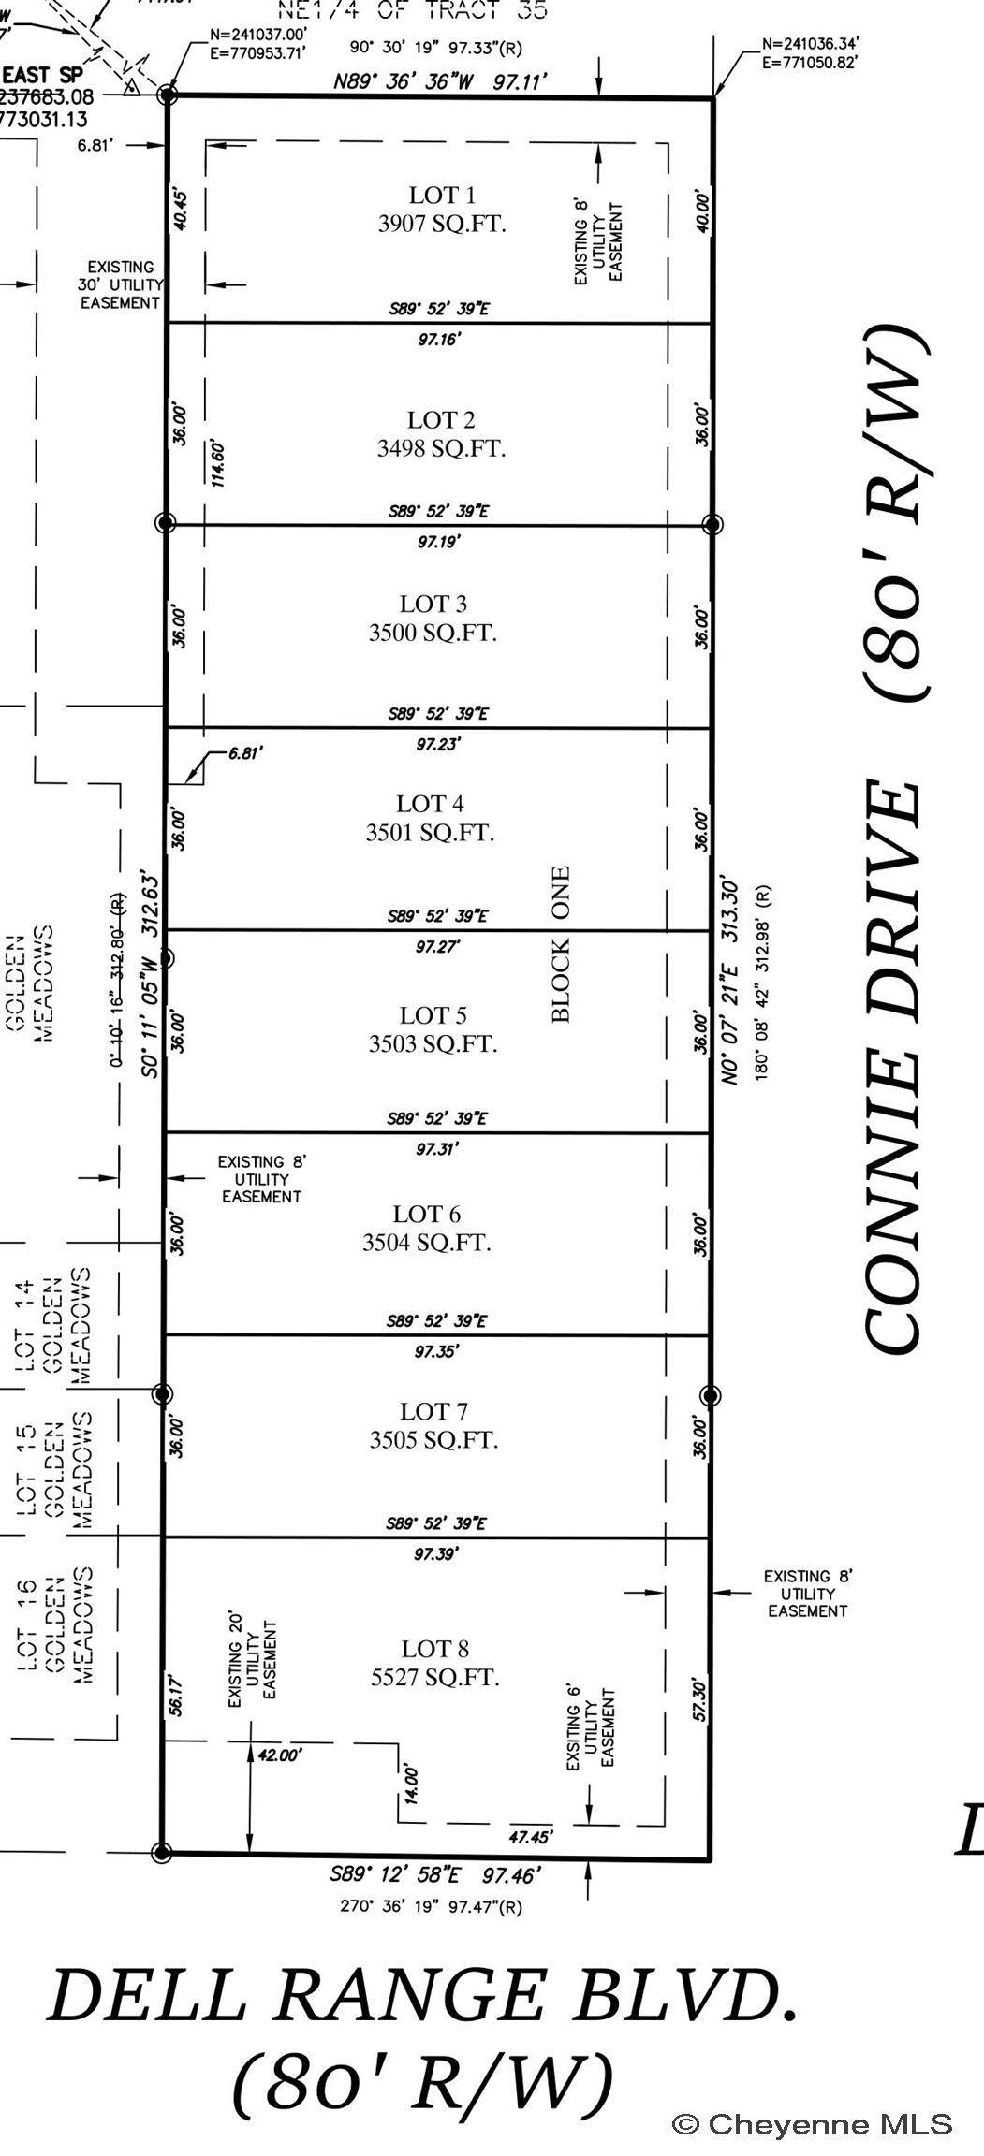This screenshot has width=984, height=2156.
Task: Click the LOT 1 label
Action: click(442, 195)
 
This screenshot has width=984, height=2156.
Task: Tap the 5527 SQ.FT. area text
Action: click(434, 1677)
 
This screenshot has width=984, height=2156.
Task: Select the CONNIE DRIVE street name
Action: click(894, 1067)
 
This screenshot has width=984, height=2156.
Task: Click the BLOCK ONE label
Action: click(560, 945)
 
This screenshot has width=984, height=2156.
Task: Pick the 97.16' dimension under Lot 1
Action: click(440, 339)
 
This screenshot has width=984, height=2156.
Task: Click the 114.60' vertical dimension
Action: click(218, 461)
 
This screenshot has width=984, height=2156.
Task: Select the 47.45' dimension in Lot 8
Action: click(531, 1837)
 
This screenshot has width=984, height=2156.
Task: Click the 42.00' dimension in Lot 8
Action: click(280, 1755)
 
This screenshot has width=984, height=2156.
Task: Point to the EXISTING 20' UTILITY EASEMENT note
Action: click(252, 1655)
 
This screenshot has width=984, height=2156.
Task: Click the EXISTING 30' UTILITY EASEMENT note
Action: click(121, 284)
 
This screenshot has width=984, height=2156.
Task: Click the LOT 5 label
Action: click(433, 1015)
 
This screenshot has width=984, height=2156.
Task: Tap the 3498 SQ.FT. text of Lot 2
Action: click(441, 448)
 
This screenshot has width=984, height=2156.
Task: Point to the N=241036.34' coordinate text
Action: click(811, 43)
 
